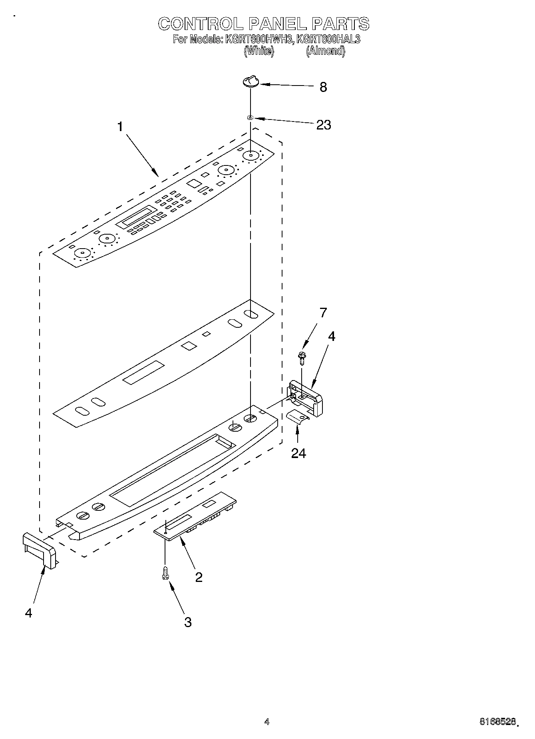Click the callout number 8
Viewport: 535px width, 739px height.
tap(323, 87)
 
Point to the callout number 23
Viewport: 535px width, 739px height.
tap(323, 125)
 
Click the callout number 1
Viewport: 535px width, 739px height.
tap(120, 127)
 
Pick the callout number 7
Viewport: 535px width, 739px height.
tap(323, 313)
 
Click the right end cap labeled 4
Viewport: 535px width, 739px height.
tap(307, 398)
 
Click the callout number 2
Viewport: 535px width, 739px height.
tap(199, 577)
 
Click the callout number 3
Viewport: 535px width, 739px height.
tap(187, 622)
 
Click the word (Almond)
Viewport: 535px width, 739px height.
tap(325, 51)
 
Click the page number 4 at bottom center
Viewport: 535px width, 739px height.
tap(267, 721)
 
